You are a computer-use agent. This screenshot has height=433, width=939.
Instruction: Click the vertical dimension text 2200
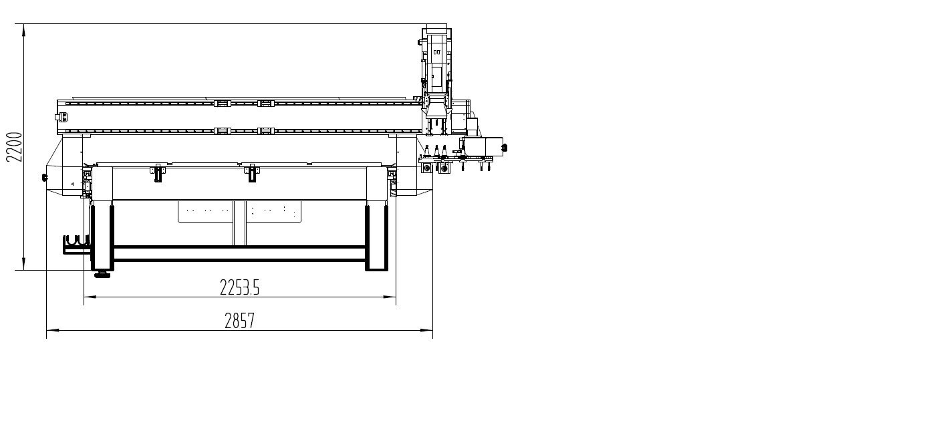click(x=14, y=147)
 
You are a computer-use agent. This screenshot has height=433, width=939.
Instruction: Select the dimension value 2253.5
click(x=240, y=287)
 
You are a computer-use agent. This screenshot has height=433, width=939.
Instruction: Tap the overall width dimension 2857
click(x=240, y=321)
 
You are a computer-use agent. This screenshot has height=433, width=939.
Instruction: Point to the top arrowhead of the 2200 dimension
click(x=24, y=29)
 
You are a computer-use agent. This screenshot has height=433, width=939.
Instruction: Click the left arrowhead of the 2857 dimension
click(x=52, y=330)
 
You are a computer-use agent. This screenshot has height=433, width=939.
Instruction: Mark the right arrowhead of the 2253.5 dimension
click(x=390, y=297)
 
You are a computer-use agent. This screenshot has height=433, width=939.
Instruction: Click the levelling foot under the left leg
click(x=102, y=275)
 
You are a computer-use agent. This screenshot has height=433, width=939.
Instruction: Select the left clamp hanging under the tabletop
click(x=158, y=174)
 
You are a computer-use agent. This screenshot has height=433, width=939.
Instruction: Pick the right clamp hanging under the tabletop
click(x=252, y=174)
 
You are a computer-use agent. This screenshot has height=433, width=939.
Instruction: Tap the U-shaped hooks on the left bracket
click(x=76, y=241)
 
